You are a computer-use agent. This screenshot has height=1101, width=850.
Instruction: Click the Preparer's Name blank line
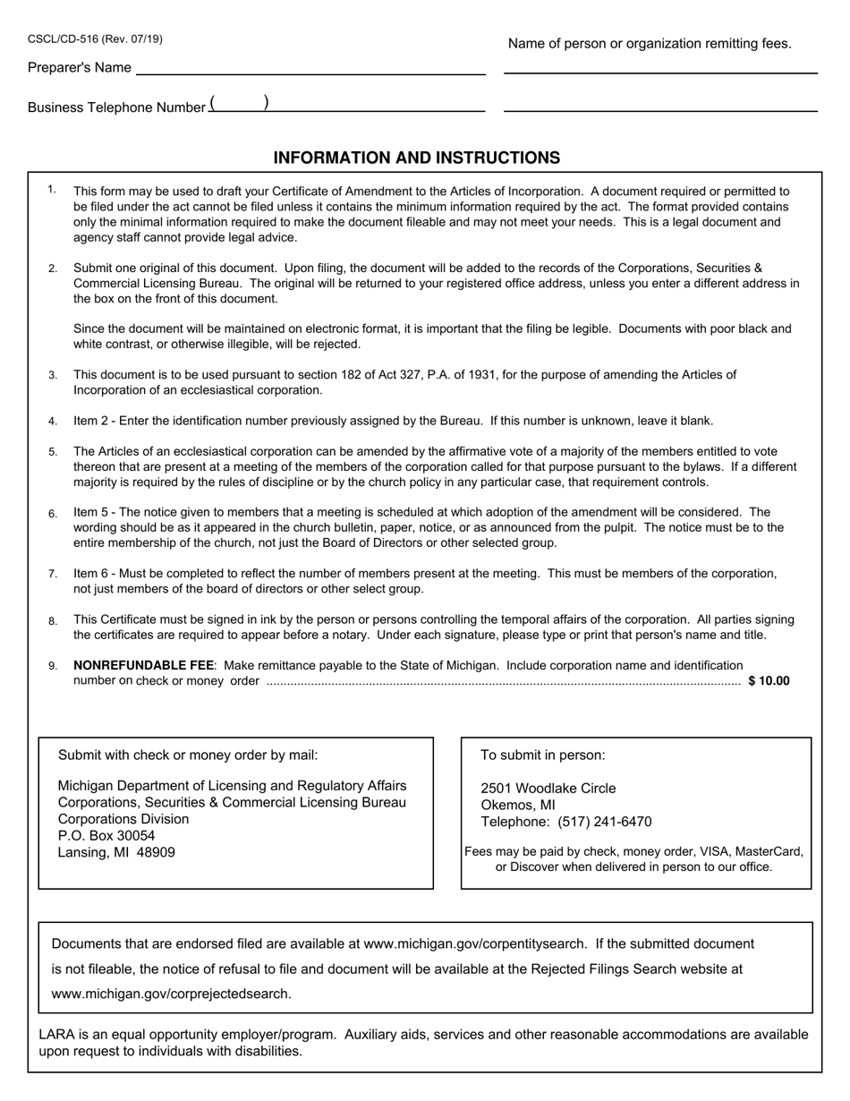pos(310,71)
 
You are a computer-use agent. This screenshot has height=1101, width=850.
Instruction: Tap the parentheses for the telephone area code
pos(239,104)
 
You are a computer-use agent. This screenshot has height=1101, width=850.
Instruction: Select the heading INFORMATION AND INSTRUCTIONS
pos(417,158)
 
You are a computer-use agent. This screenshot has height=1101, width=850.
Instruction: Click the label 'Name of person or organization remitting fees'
pos(650,43)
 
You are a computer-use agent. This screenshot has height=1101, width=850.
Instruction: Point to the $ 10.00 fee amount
pos(769,680)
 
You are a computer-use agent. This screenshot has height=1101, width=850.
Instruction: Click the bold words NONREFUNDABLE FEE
pos(143,665)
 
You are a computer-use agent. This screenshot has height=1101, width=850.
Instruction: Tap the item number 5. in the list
pos(54,452)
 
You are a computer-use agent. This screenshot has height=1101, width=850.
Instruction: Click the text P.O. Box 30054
pos(106,835)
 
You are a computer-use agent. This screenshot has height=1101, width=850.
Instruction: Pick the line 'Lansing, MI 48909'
pos(116,852)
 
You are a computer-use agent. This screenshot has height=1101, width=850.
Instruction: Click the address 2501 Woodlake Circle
pos(548,788)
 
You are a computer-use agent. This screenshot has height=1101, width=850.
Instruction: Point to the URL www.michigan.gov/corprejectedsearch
pos(171,994)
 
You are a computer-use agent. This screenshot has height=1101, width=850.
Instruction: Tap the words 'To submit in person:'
pos(542,755)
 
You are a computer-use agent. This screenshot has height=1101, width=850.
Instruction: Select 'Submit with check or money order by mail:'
pos(188,755)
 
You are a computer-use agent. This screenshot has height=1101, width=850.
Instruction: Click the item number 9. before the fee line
pos(54,666)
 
